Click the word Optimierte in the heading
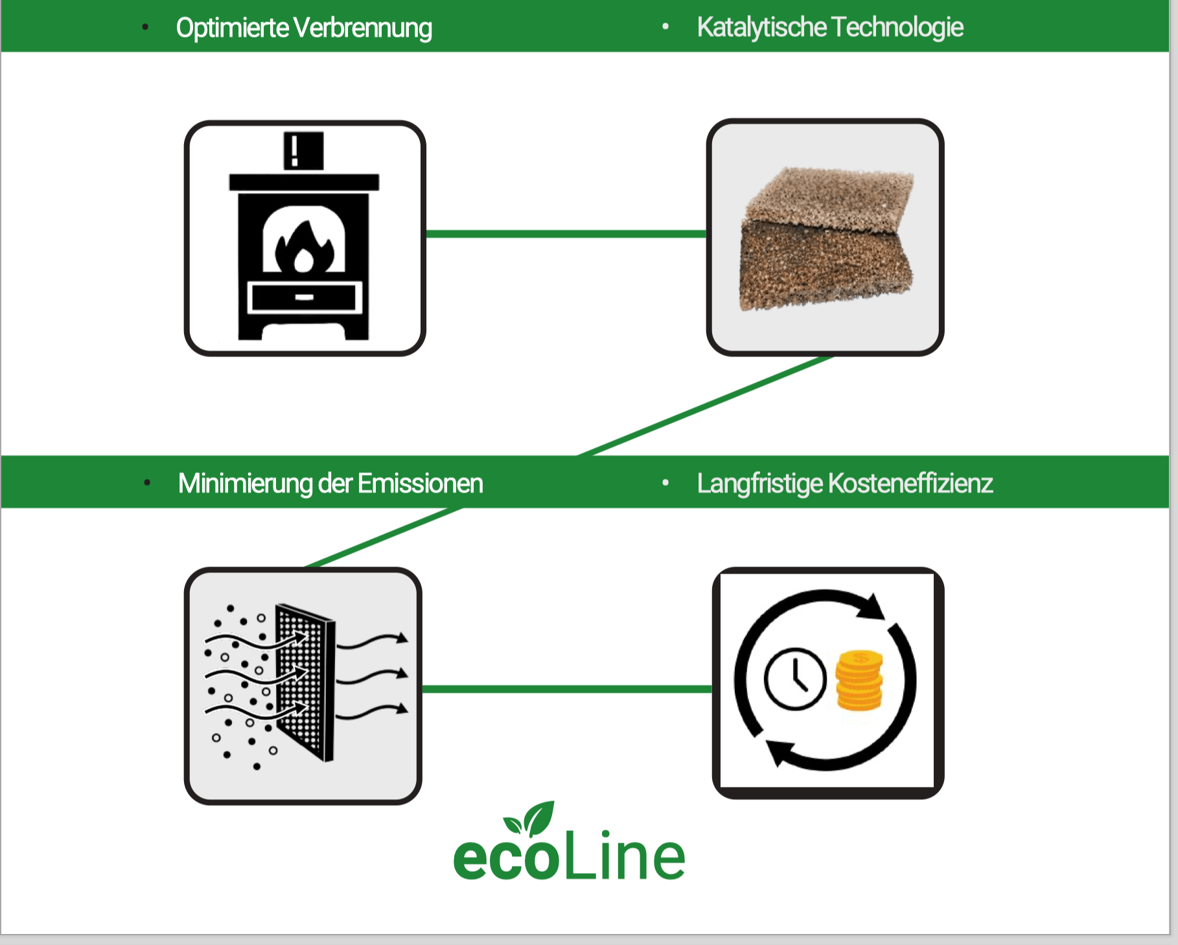pos(232,28)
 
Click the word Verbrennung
pos(363,28)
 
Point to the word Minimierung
pos(244,484)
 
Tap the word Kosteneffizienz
pos(910,484)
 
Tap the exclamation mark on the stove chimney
pos(295,150)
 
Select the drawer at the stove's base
pos(304,297)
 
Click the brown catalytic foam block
pos(826,240)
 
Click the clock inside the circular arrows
pos(795,679)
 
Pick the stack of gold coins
pos(859,681)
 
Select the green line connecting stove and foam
pos(565,234)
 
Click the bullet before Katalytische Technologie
pos(665,27)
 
